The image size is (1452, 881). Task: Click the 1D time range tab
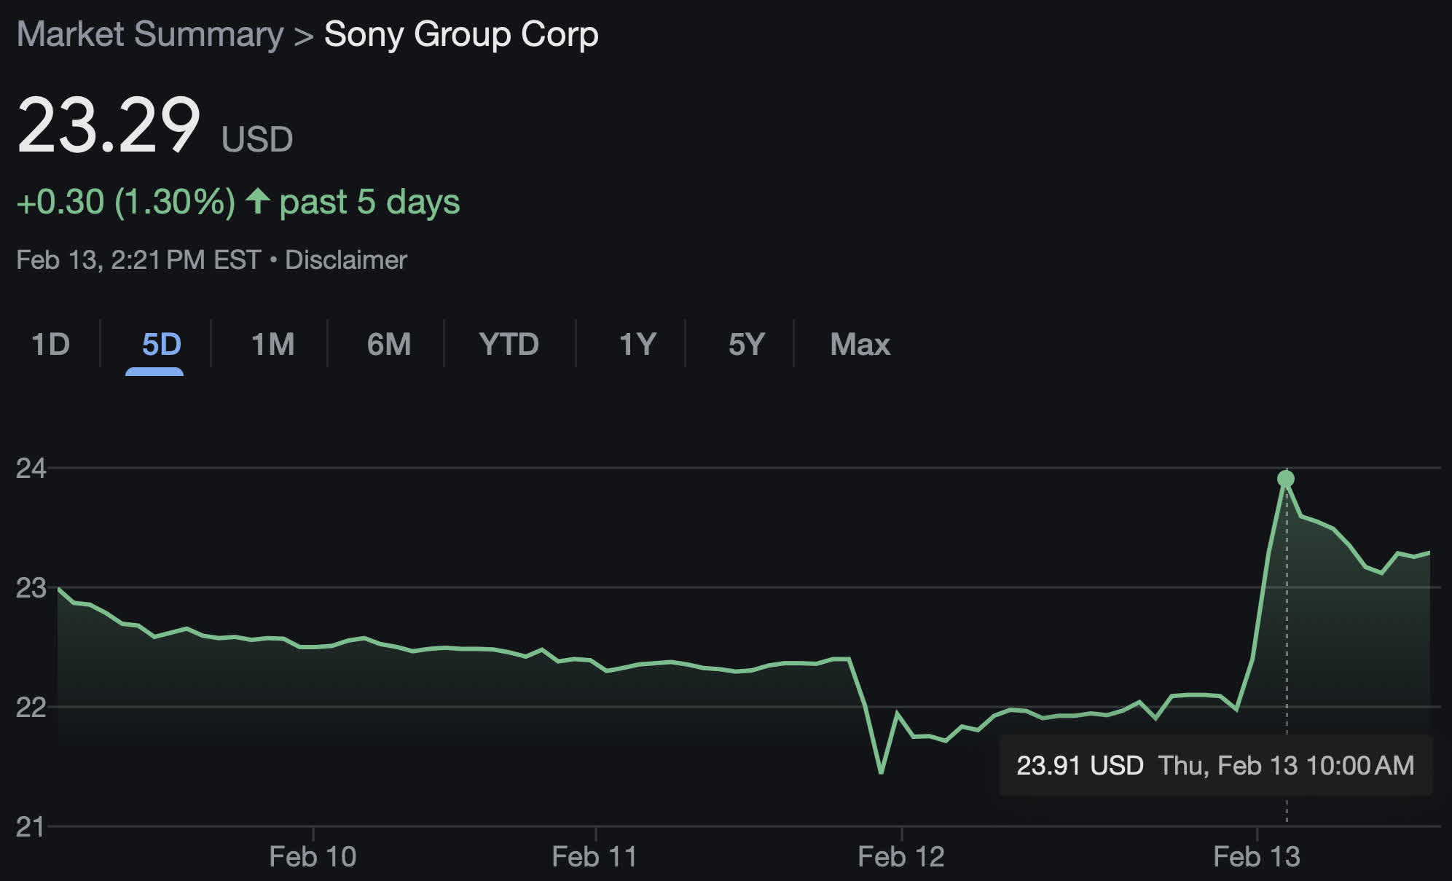[50, 344]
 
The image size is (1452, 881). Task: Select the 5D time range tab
[161, 344]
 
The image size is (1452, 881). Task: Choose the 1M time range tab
[272, 344]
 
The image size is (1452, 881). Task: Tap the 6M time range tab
[389, 344]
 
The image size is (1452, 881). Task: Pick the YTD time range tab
[509, 344]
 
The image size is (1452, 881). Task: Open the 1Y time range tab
[637, 344]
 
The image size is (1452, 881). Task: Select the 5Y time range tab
[746, 344]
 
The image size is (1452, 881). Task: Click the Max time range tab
[860, 344]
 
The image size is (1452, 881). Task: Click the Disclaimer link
[345, 260]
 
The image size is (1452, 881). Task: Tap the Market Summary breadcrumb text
[150, 34]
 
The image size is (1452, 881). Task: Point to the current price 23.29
[109, 125]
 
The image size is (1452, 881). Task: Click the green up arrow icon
[257, 201]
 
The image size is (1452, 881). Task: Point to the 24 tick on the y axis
[31, 469]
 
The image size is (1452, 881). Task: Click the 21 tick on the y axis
[31, 827]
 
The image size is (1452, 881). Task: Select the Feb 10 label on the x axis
[313, 857]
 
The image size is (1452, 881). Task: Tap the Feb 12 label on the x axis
[901, 857]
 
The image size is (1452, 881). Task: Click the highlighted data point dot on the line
[1286, 479]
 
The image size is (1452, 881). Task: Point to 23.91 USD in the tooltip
[1080, 766]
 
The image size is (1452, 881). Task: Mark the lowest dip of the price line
[882, 771]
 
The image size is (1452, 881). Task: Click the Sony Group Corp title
[461, 34]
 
